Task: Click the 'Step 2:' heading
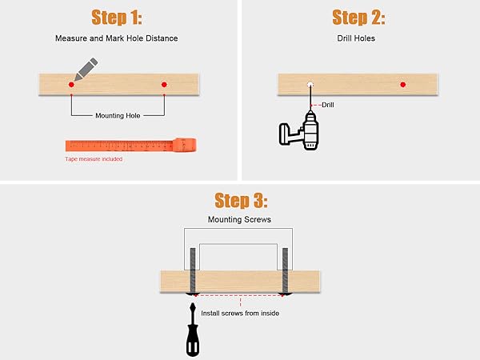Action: tap(358, 18)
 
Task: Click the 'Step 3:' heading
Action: tap(240, 199)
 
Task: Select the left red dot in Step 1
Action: tap(70, 84)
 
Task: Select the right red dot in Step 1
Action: tap(164, 84)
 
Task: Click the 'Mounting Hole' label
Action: tap(118, 115)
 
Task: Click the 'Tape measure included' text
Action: tap(94, 159)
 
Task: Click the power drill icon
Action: tap(301, 131)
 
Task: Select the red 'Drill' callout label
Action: tap(328, 105)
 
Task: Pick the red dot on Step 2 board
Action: tap(403, 84)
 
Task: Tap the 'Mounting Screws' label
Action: tap(239, 218)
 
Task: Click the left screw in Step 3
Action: tap(192, 272)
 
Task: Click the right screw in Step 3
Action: tap(286, 272)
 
